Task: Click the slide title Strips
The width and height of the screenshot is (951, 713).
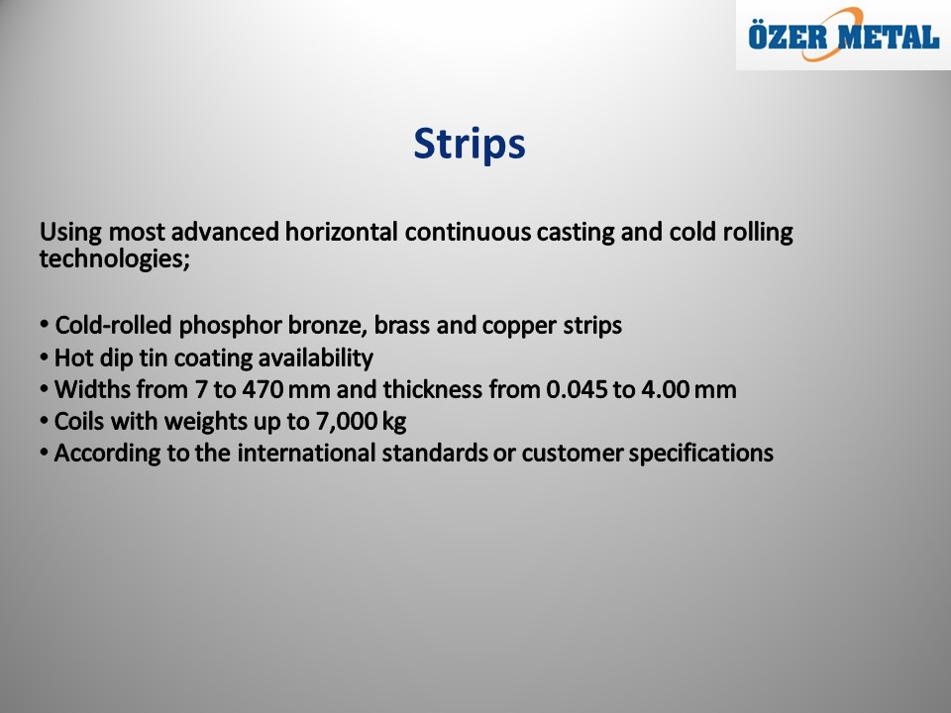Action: pos(470,145)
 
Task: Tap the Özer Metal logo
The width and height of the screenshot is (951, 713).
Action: pos(843,36)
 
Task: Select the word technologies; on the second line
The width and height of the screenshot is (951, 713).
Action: pos(115,259)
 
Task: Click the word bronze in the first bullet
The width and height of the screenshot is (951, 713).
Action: pos(328,326)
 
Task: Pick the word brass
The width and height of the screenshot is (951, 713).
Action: pos(401,326)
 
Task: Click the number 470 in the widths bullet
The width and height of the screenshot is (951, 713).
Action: pos(263,390)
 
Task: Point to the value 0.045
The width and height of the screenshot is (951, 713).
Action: pos(577,390)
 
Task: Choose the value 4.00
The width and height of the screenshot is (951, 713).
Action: pos(665,390)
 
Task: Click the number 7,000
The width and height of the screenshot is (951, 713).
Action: pos(347,422)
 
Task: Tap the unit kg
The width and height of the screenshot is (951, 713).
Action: pos(394,423)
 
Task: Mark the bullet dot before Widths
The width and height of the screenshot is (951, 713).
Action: pos(44,389)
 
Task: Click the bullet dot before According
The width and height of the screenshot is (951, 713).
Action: pos(44,453)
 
